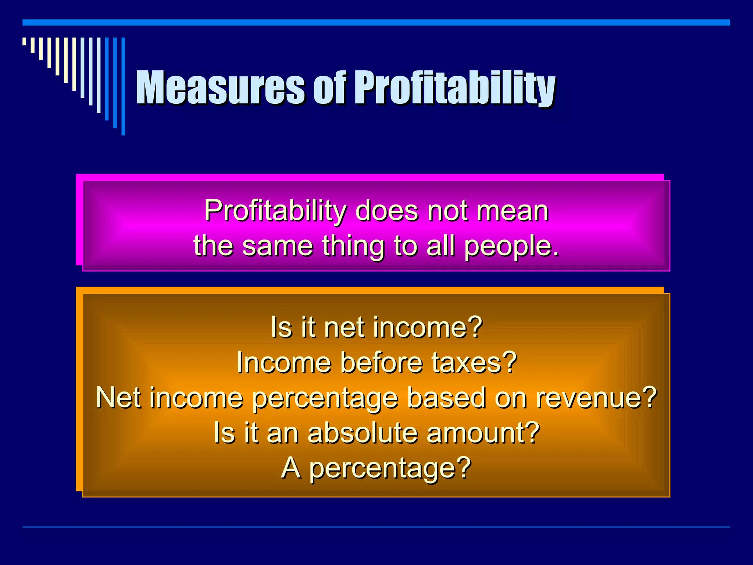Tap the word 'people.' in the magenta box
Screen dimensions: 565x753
click(x=511, y=246)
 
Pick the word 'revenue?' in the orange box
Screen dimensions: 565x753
click(x=596, y=398)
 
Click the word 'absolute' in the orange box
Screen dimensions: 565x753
click(x=363, y=433)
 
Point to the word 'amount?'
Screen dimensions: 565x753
click(x=483, y=433)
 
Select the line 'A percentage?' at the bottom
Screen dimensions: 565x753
click(x=376, y=468)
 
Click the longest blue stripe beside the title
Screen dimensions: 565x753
click(x=124, y=86)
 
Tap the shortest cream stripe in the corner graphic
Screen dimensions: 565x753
click(x=24, y=41)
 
